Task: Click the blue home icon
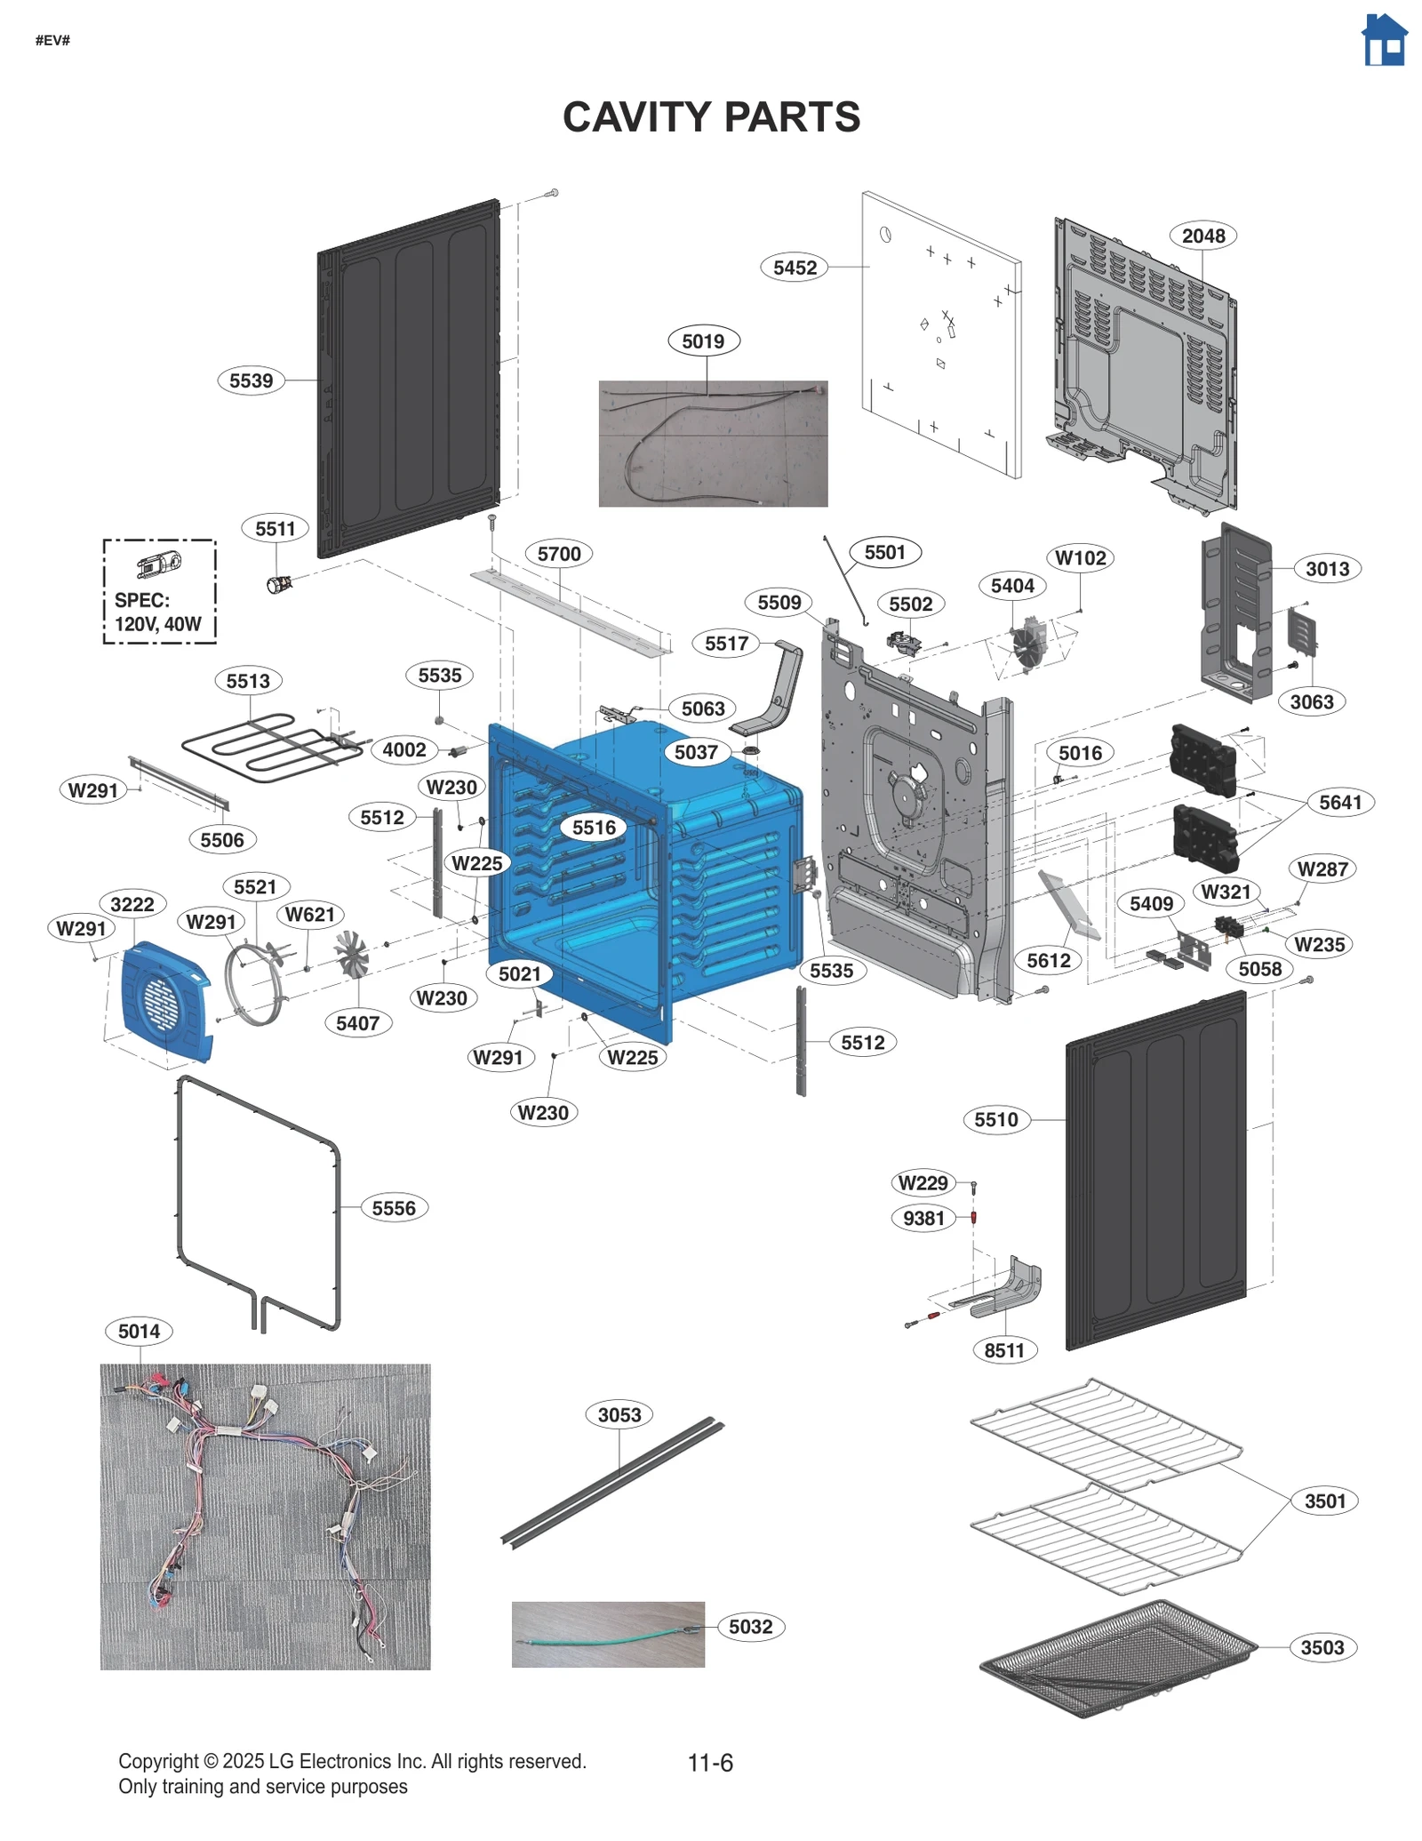click(1383, 40)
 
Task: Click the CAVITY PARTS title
click(711, 117)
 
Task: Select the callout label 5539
click(251, 380)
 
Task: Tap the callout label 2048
click(1202, 236)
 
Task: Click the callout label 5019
click(703, 340)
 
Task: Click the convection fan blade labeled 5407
click(350, 954)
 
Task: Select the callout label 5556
click(394, 1208)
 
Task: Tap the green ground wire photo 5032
click(608, 1634)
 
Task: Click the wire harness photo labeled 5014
click(265, 1516)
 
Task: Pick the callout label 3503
click(1322, 1647)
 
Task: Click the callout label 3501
click(1324, 1501)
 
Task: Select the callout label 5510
click(995, 1119)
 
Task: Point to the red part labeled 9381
click(973, 1217)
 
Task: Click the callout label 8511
click(1004, 1350)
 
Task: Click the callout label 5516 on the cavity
click(594, 828)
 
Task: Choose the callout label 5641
click(1339, 802)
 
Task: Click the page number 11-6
click(710, 1763)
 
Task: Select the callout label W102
click(1080, 557)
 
